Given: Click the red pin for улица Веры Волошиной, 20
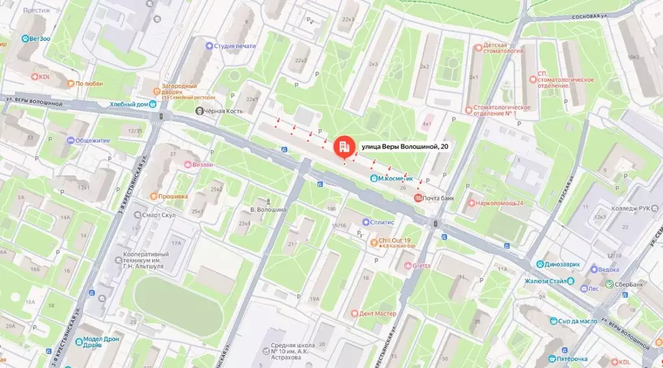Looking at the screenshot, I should pyautogui.click(x=343, y=146).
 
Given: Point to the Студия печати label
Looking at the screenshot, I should pyautogui.click(x=235, y=46).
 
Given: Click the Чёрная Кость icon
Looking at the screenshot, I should pyautogui.click(x=199, y=111).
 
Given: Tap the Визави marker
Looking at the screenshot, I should pyautogui.click(x=188, y=165).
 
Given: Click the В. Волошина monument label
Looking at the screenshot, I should pyautogui.click(x=268, y=209).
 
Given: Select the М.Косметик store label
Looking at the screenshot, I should pyautogui.click(x=395, y=178).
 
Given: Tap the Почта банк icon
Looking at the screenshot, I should pyautogui.click(x=418, y=197).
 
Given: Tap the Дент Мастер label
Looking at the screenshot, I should pyautogui.click(x=377, y=314).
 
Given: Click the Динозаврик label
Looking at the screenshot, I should pyautogui.click(x=565, y=264).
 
